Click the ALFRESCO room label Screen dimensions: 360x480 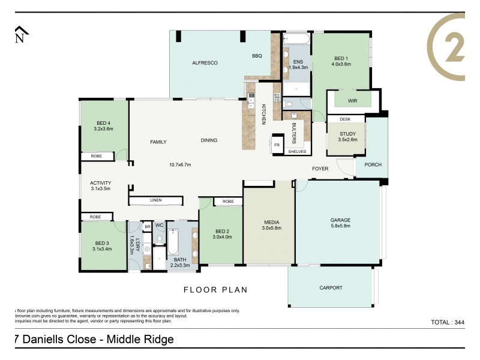[204, 62]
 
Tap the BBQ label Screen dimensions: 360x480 [257, 56]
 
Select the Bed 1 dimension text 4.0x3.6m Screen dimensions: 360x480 [341, 64]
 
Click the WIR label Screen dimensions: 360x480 [352, 101]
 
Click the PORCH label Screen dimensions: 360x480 [373, 164]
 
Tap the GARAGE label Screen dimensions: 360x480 [340, 220]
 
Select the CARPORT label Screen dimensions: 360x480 [331, 287]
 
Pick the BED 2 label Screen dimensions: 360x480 [222, 231]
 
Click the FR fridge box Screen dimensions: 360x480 [277, 145]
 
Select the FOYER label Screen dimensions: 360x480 [320, 169]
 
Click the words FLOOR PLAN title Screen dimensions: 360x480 [215, 289]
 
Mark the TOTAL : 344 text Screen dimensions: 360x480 [448, 322]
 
